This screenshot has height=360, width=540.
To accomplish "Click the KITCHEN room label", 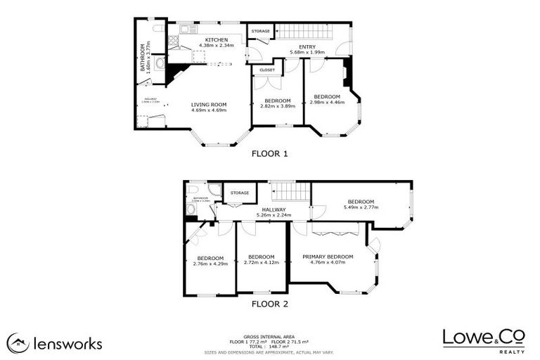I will coord(216,39).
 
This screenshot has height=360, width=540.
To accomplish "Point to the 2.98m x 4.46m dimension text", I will coord(327,102).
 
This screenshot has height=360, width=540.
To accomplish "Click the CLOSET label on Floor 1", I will coord(267,70).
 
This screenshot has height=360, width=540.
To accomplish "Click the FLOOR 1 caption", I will coord(269,153).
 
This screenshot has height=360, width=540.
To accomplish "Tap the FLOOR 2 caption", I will coord(269,304).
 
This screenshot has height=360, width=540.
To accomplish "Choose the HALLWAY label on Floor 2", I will coord(274,210).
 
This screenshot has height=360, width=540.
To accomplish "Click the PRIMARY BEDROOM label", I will coord(328,257).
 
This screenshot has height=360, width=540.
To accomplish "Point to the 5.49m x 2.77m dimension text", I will coord(362,207).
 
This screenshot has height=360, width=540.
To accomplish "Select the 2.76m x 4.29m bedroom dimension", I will coord(210,264).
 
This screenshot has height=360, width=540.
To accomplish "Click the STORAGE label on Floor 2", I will coord(240,192).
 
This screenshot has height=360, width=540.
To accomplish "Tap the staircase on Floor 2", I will coord(290,191).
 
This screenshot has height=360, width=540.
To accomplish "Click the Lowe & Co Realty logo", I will coord(483,339).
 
